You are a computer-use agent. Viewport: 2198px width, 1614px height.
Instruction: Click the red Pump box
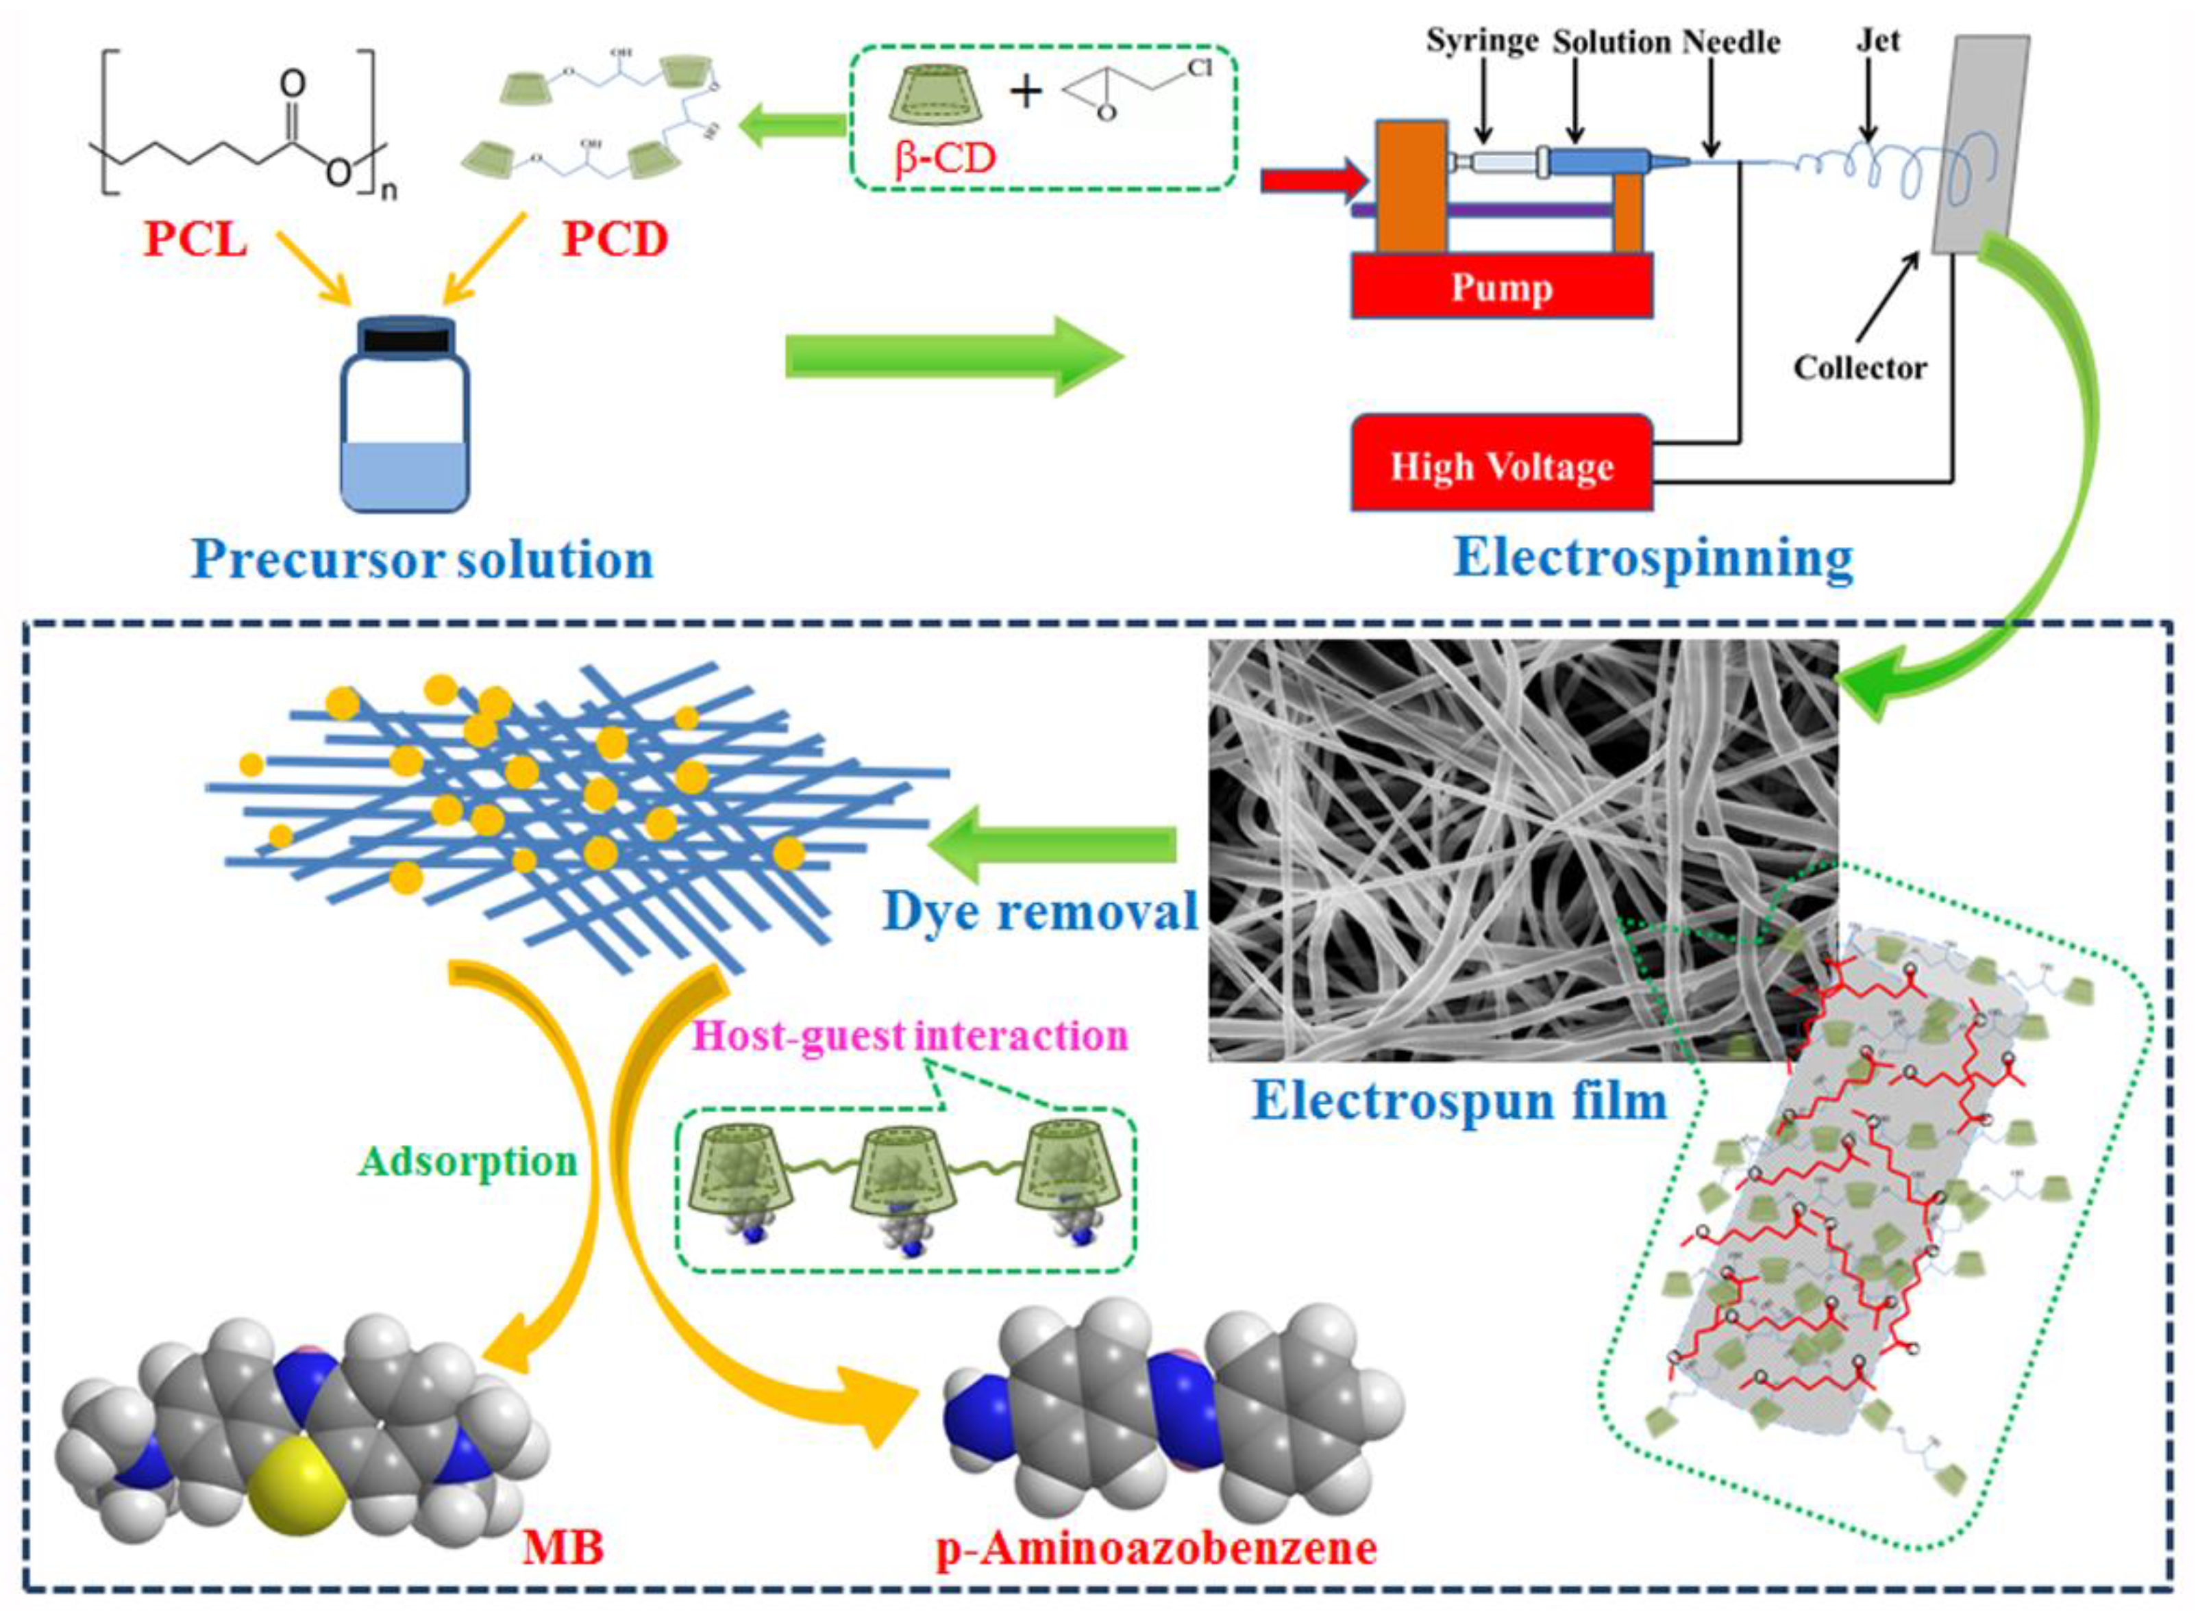point(1501,287)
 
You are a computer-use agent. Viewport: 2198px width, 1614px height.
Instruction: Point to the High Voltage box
point(1501,466)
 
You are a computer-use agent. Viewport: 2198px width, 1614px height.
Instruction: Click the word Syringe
point(1481,41)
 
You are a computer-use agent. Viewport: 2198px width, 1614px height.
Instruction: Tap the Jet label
point(1877,41)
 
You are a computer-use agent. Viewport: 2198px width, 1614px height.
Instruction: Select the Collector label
point(1859,368)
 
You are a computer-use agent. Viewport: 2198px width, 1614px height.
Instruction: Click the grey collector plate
point(1979,147)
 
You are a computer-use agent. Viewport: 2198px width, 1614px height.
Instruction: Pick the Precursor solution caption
point(422,560)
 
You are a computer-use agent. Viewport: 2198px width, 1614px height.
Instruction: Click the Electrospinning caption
point(1653,558)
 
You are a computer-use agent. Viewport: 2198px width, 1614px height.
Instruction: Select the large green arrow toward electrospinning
point(953,357)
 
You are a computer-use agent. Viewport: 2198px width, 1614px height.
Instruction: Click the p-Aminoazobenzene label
point(1156,1548)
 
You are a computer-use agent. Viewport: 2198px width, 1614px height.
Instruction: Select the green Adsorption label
point(468,1161)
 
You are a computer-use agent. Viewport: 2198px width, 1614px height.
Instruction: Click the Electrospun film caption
point(1459,1101)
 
